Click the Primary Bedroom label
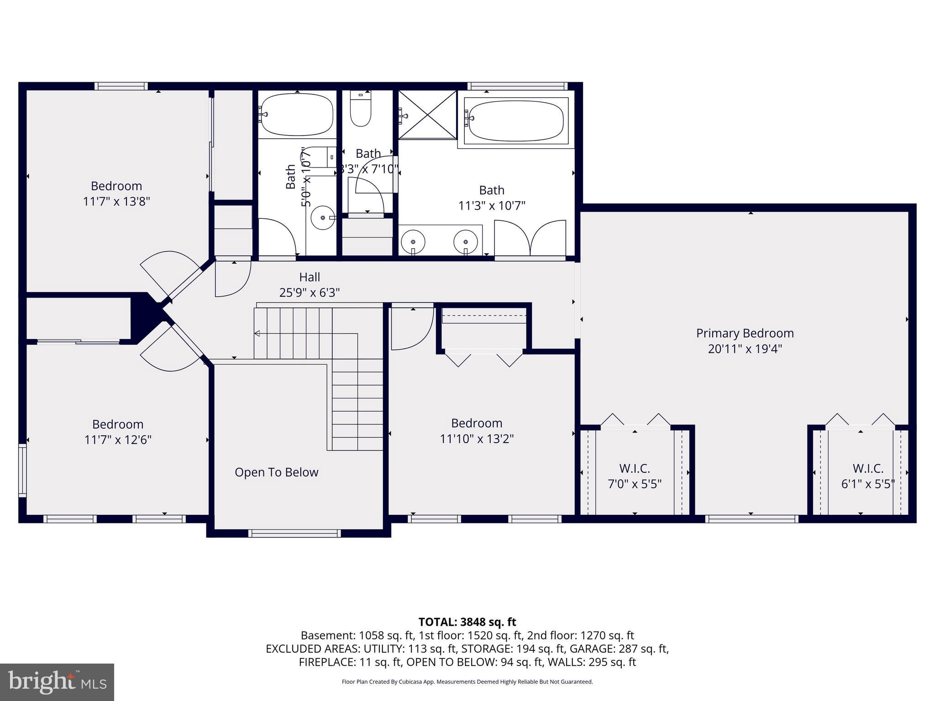pyautogui.click(x=745, y=333)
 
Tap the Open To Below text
pyautogui.click(x=276, y=472)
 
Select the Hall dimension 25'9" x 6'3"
pyautogui.click(x=310, y=293)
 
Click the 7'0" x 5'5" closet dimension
pyautogui.click(x=635, y=484)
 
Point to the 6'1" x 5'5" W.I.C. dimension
pyautogui.click(x=867, y=484)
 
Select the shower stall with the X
pyautogui.click(x=427, y=115)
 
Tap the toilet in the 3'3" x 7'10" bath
pyautogui.click(x=361, y=112)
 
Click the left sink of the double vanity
pyautogui.click(x=413, y=241)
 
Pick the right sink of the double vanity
pyautogui.click(x=466, y=241)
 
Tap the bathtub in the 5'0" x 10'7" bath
pyautogui.click(x=297, y=115)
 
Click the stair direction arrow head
pyautogui.click(x=257, y=334)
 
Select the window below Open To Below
pyautogui.click(x=295, y=533)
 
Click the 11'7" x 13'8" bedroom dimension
pyautogui.click(x=116, y=201)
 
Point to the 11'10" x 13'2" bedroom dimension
pyautogui.click(x=477, y=439)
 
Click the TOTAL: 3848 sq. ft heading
pyautogui.click(x=467, y=622)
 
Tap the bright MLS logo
pyautogui.click(x=57, y=682)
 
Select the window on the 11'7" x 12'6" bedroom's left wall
pyautogui.click(x=22, y=470)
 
